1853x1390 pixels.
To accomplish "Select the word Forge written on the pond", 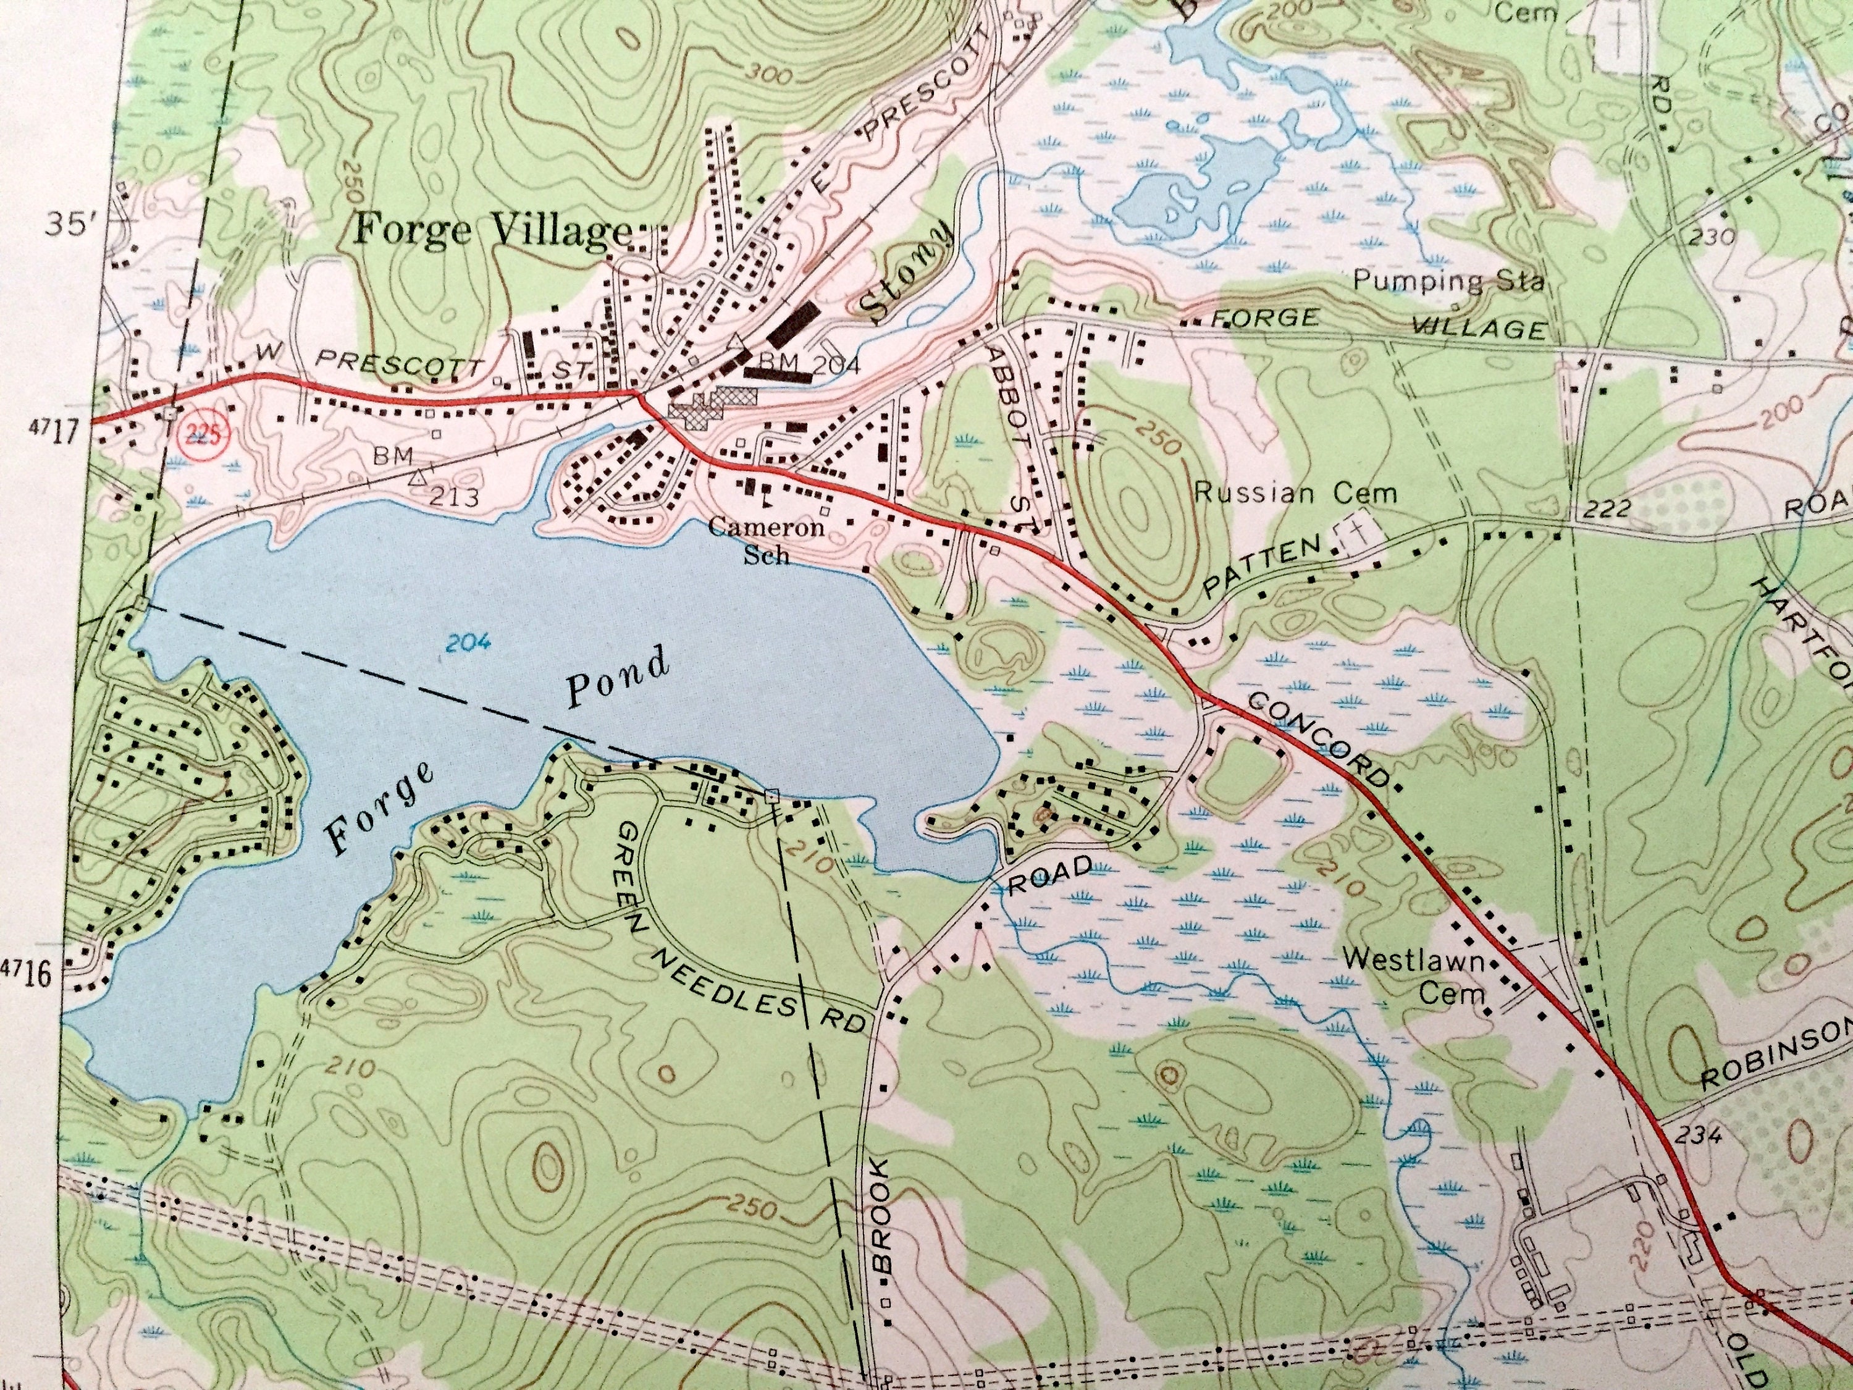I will pos(381,809).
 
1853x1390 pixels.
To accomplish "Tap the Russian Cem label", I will pos(1295,492).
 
